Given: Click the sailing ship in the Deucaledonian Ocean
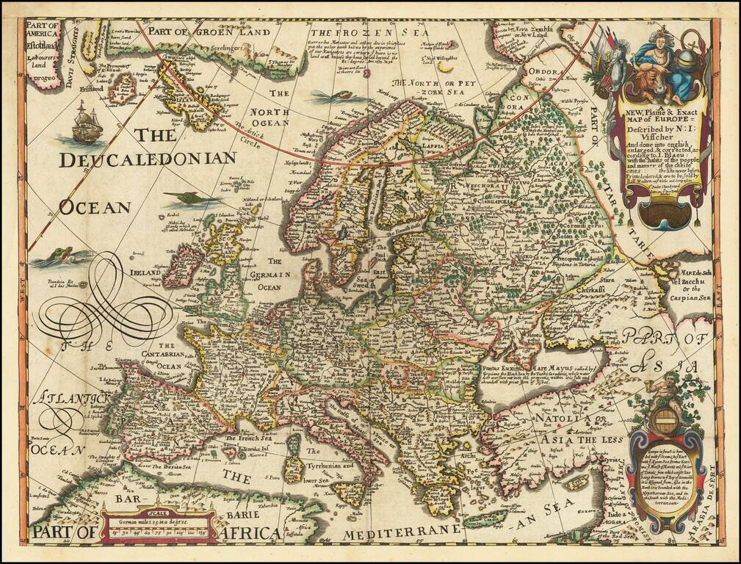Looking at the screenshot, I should pos(87,123).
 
